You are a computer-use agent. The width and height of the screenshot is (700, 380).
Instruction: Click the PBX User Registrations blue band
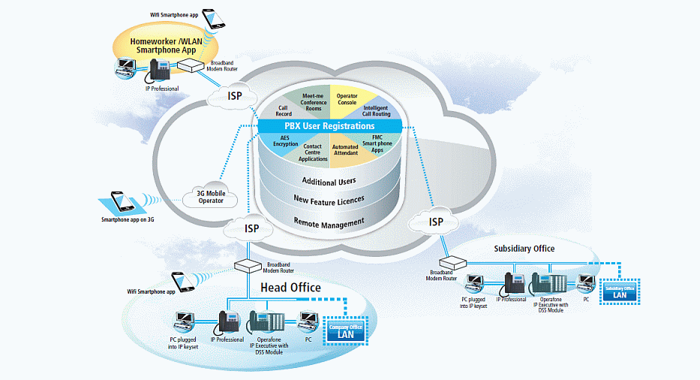(x=329, y=126)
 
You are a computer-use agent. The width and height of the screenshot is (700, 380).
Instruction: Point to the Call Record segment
(x=285, y=111)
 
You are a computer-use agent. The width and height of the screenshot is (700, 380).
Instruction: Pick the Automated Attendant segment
(x=345, y=151)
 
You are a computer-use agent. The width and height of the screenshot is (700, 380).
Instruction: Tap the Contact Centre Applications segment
(x=313, y=152)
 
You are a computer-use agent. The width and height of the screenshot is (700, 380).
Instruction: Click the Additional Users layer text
(x=329, y=181)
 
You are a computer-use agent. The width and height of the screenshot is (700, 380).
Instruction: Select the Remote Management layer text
(x=329, y=222)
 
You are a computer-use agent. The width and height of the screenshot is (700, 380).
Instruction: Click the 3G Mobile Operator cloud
(x=210, y=197)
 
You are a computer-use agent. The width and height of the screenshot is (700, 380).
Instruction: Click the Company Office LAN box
(x=346, y=331)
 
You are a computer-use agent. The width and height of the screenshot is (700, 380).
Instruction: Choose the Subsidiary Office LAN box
(x=619, y=291)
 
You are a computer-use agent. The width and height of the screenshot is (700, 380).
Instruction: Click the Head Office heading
(x=290, y=288)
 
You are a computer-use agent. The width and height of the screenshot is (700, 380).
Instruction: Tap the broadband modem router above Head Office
(x=246, y=265)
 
